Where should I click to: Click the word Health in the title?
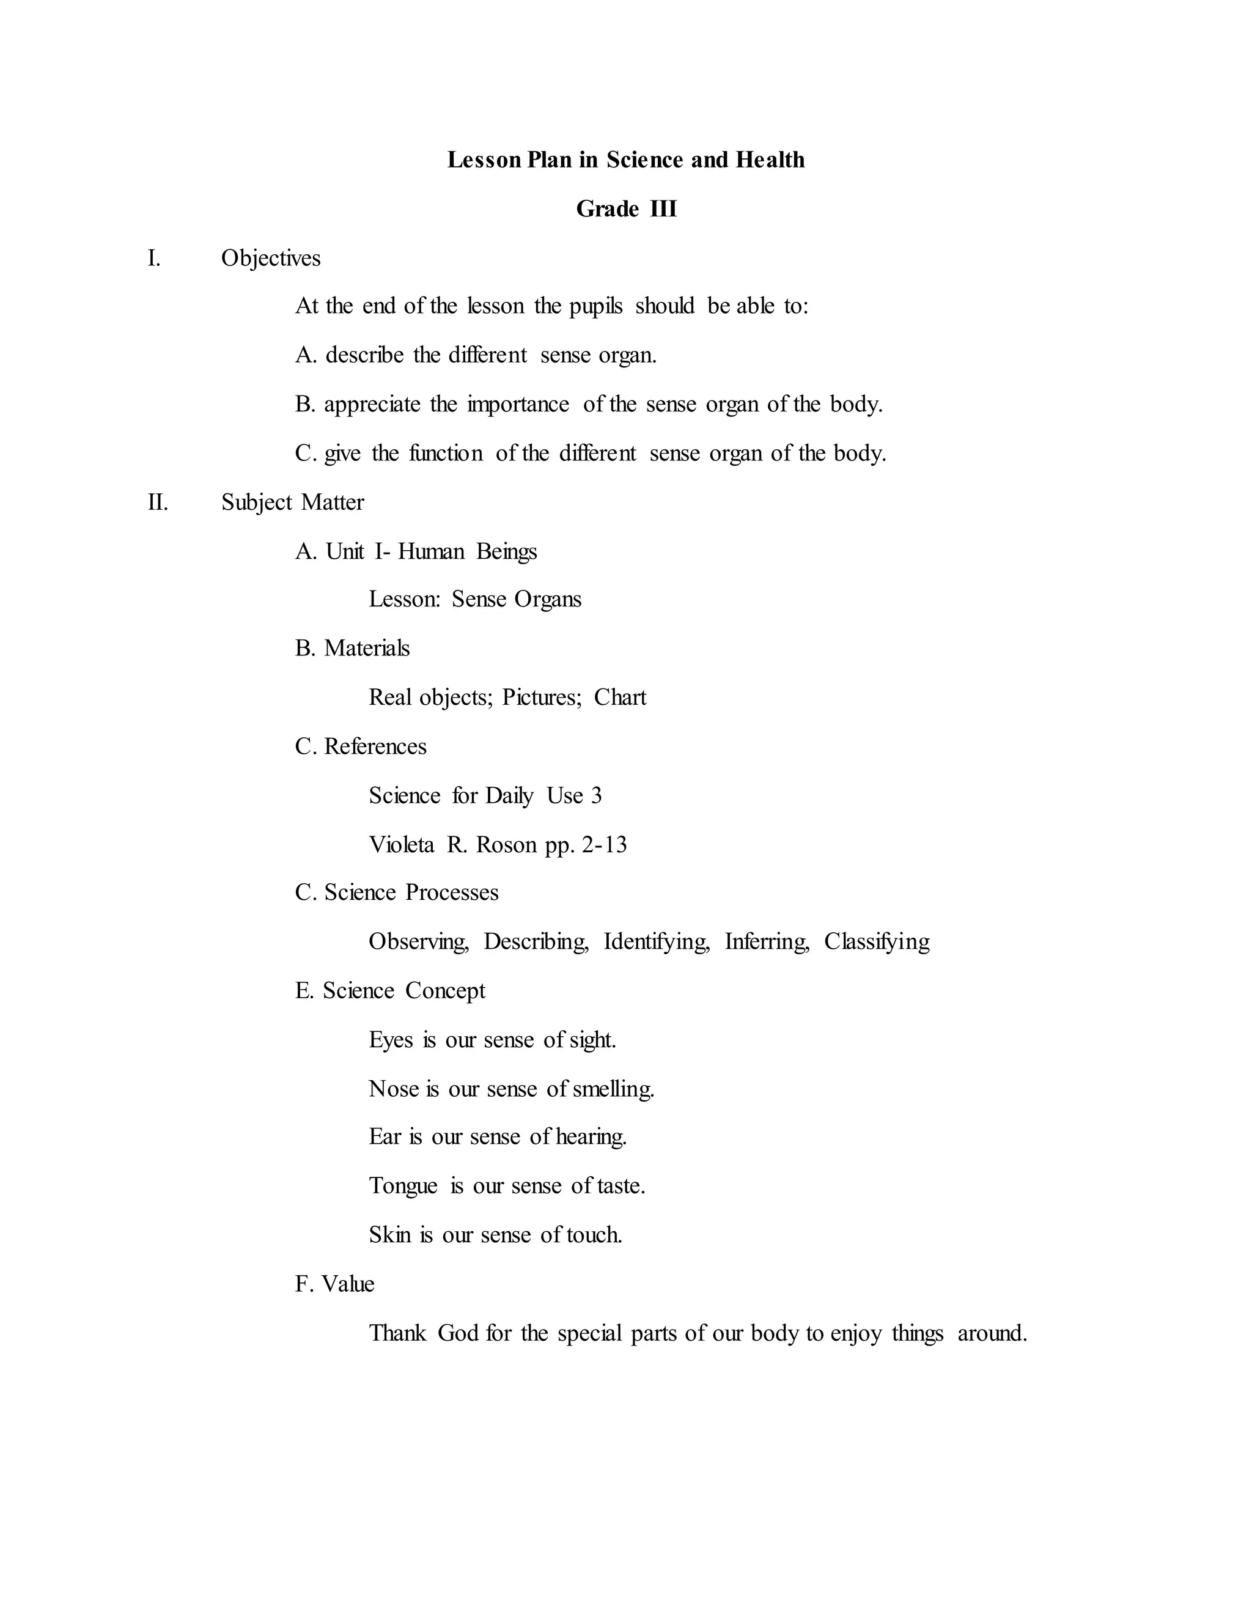[769, 160]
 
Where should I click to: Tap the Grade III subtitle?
[626, 209]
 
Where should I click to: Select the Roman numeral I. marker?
[153, 258]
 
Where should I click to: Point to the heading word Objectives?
[271, 258]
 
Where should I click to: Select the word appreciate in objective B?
[372, 404]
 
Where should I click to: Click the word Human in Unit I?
[431, 551]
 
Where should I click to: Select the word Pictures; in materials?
[542, 698]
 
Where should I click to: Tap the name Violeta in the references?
[401, 844]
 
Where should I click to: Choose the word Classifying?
[877, 941]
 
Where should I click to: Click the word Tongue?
[403, 1186]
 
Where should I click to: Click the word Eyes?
[390, 1040]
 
